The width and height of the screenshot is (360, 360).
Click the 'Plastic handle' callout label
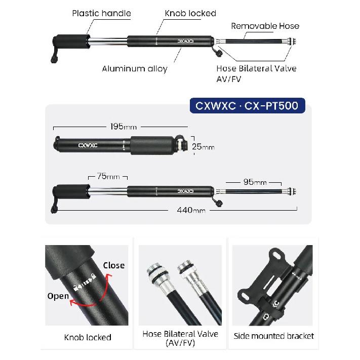click(101, 13)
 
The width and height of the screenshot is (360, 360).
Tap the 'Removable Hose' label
click(265, 26)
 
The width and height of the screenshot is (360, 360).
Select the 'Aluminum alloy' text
click(135, 69)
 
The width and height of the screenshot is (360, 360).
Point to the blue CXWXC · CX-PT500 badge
click(247, 106)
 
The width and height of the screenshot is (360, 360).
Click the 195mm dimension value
click(124, 127)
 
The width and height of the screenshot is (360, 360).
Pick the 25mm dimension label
click(203, 146)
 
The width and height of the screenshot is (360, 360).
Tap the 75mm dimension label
click(108, 176)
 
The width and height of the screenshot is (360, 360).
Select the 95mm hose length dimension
click(255, 182)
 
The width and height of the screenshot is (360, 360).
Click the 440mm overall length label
click(191, 210)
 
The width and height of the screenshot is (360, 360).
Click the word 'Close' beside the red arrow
click(114, 265)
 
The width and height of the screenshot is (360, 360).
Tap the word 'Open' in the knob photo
click(58, 296)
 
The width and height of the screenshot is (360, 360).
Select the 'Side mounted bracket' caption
click(274, 336)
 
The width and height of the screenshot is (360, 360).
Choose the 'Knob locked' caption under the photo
click(88, 337)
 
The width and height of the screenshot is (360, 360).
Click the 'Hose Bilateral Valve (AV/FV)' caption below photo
click(180, 338)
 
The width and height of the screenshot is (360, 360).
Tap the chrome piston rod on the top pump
click(108, 42)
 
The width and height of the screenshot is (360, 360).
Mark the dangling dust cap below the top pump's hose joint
click(219, 53)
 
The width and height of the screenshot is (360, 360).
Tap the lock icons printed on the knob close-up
click(85, 282)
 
